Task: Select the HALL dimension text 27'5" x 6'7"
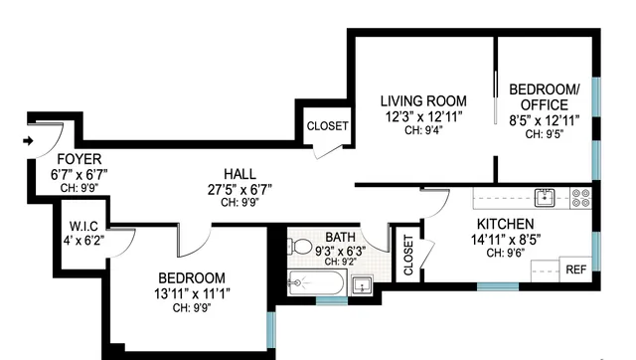(x=239, y=189)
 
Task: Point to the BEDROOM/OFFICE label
(x=539, y=96)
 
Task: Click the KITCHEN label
(x=505, y=224)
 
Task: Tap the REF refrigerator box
(x=575, y=270)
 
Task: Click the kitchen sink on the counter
(x=545, y=196)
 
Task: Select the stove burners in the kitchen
(x=581, y=197)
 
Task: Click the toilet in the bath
(x=301, y=246)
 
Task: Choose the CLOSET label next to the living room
(x=327, y=126)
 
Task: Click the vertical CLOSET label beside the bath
(x=407, y=255)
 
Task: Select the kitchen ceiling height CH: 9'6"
(x=505, y=253)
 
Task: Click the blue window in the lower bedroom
(x=270, y=327)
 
